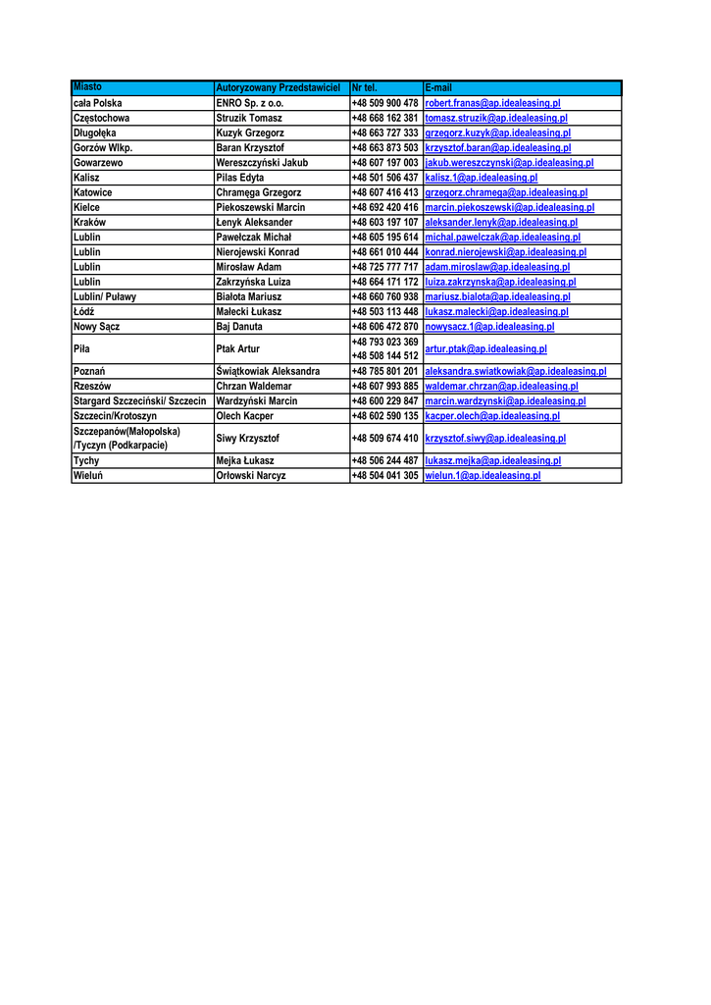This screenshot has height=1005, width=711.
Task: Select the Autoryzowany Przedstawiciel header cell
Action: (x=278, y=88)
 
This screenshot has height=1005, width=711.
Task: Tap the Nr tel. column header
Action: (x=364, y=88)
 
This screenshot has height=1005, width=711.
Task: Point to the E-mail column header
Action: (x=438, y=88)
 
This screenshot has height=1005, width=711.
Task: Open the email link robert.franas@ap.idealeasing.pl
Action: (x=492, y=103)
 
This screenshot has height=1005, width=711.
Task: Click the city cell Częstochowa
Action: (x=102, y=118)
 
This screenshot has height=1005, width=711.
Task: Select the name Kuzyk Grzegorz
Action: (x=250, y=132)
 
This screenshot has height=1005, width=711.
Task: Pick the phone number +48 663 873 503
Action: (x=384, y=148)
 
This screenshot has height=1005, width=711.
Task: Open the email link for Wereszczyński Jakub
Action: (x=509, y=163)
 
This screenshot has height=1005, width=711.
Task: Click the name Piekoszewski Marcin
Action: (x=260, y=208)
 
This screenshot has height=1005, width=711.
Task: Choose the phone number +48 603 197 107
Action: (x=384, y=223)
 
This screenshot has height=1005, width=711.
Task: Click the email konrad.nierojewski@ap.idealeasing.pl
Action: (x=505, y=252)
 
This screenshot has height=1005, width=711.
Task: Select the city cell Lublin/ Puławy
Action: (x=105, y=296)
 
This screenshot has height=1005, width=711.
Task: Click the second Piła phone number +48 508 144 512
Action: (x=384, y=355)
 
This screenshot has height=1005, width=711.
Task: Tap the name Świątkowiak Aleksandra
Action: (x=268, y=372)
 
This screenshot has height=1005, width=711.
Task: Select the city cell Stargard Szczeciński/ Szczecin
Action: (x=139, y=401)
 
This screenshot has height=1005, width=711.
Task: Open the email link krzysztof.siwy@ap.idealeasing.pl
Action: (x=495, y=439)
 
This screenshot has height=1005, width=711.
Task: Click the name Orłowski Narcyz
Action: (x=251, y=475)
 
